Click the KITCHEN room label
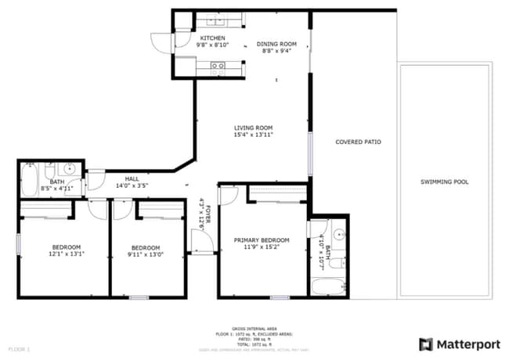(212, 38)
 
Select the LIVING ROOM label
(252, 128)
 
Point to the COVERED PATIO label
(358, 142)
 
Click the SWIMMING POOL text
(444, 182)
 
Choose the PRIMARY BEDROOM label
(262, 240)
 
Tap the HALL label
(132, 178)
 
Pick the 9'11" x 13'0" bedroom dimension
(146, 253)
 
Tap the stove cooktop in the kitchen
(217, 67)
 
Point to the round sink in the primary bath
(338, 234)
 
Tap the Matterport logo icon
(426, 344)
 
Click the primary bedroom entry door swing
(228, 195)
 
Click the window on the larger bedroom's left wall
(19, 243)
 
